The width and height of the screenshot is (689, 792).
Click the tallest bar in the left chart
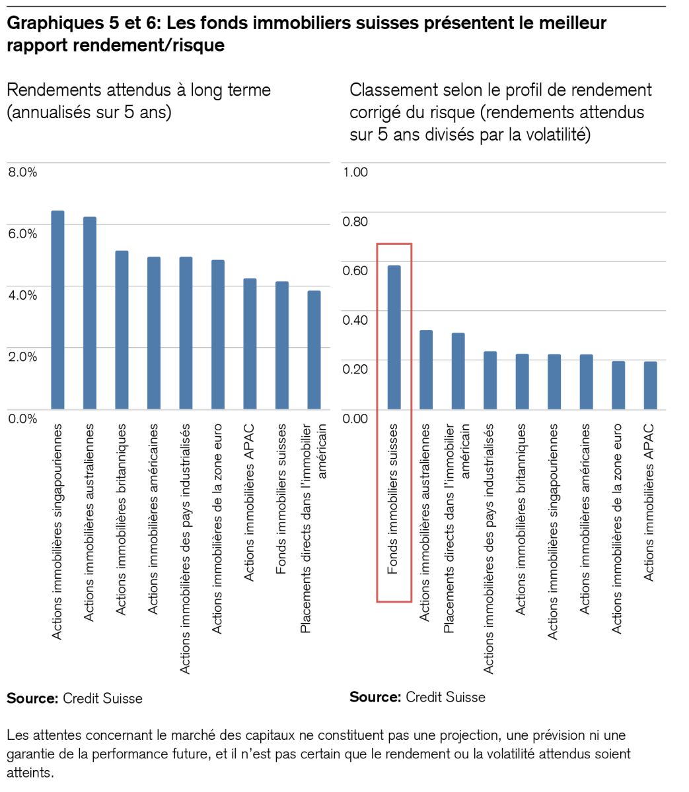pyautogui.click(x=57, y=310)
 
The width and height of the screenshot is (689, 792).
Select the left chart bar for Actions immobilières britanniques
pyautogui.click(x=122, y=329)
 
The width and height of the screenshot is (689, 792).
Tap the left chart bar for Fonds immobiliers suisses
pyautogui.click(x=282, y=345)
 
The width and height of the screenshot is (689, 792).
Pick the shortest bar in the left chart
pyautogui.click(x=314, y=350)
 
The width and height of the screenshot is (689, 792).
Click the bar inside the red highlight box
pyautogui.click(x=394, y=337)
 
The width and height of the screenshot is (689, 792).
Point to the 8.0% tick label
pyautogui.click(x=22, y=172)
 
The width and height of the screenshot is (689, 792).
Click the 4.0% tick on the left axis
pyautogui.click(x=22, y=295)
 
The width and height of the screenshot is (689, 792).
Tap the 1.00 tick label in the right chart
pyautogui.click(x=355, y=172)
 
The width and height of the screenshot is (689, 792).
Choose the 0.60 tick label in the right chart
pyautogui.click(x=355, y=271)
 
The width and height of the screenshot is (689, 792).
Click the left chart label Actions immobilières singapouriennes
pyautogui.click(x=57, y=531)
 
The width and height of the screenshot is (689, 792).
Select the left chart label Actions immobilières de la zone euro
pyautogui.click(x=217, y=529)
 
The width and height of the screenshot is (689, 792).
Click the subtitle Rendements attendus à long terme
pyautogui.click(x=139, y=90)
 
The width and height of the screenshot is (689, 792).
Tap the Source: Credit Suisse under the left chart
pyautogui.click(x=75, y=698)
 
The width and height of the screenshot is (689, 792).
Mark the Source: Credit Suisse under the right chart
pyautogui.click(x=417, y=697)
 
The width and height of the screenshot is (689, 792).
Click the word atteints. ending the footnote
pyautogui.click(x=30, y=772)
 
